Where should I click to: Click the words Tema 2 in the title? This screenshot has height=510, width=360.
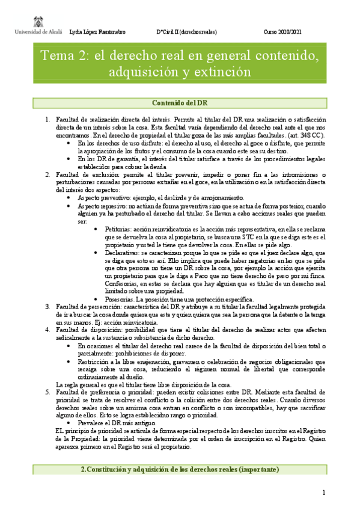point(62,57)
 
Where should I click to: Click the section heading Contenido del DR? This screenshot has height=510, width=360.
point(180,102)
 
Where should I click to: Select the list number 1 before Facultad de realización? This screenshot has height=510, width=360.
point(47,120)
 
